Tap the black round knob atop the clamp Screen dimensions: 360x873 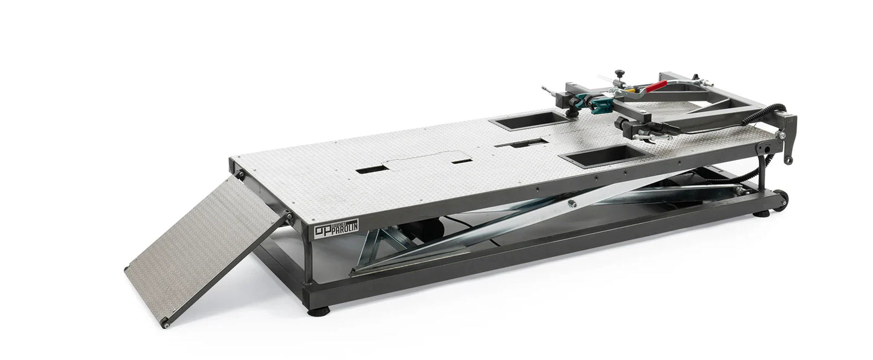[619, 74]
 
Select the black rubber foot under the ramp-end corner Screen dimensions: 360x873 [317, 312]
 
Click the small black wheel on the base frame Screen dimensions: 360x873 [782, 200]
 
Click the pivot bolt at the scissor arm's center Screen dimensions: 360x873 [572, 204]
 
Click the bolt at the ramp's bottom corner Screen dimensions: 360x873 [166, 324]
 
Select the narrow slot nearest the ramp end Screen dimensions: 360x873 [370, 170]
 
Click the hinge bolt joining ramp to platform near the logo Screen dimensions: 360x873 [289, 216]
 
